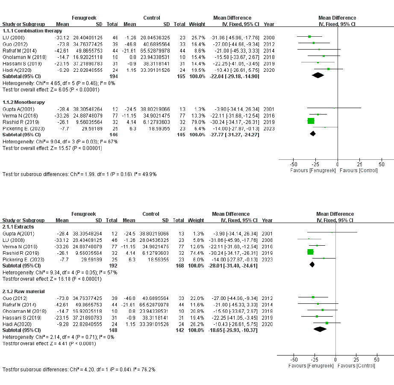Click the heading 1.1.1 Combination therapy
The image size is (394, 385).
click(32, 31)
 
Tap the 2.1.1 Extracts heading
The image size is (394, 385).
click(19, 226)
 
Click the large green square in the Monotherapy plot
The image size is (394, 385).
click(311, 121)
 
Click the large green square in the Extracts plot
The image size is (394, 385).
click(311, 252)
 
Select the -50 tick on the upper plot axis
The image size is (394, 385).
click(294, 164)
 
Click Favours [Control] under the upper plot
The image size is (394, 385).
click(359, 170)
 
